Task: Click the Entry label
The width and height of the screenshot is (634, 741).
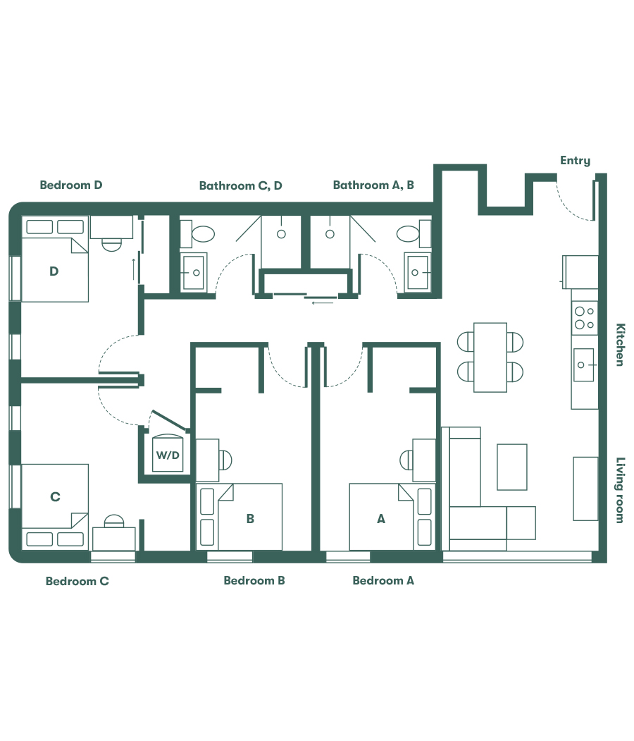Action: [x=575, y=161]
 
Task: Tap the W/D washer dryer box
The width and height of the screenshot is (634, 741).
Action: [x=168, y=455]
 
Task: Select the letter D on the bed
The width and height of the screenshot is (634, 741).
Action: [x=54, y=271]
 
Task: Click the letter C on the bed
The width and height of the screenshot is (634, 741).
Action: [x=55, y=497]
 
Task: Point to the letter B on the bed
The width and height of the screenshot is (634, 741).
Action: [x=250, y=519]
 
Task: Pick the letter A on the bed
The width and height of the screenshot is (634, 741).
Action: [x=381, y=519]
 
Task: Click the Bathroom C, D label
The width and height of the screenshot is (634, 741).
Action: [x=240, y=186]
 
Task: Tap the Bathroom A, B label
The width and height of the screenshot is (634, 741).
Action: [x=373, y=185]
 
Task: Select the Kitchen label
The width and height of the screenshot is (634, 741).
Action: [x=620, y=345]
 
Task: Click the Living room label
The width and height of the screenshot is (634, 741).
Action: [x=620, y=490]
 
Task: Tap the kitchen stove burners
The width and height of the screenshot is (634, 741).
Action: [x=584, y=318]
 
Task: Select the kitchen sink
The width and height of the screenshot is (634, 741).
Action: [x=584, y=365]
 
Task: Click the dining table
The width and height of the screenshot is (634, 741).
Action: [x=490, y=357]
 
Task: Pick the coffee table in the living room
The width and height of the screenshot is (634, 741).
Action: [x=512, y=467]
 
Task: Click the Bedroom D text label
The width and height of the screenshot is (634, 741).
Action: [x=71, y=185]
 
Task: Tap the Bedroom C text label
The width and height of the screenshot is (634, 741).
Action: [x=77, y=582]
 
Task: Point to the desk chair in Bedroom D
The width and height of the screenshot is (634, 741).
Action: [x=111, y=244]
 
